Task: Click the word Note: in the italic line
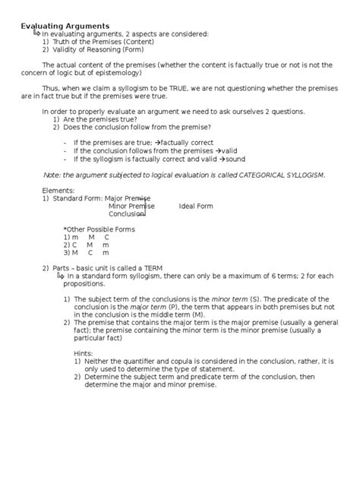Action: click(52, 175)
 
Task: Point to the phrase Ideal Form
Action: click(196, 206)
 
